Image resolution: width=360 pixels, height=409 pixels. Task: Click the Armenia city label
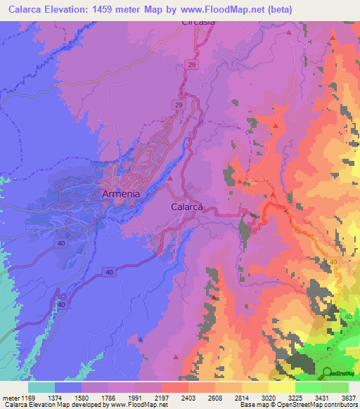121,193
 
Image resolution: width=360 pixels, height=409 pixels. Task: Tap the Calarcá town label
188,207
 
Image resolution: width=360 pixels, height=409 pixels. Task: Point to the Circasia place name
198,22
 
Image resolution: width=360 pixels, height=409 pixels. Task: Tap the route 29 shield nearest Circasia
191,65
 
